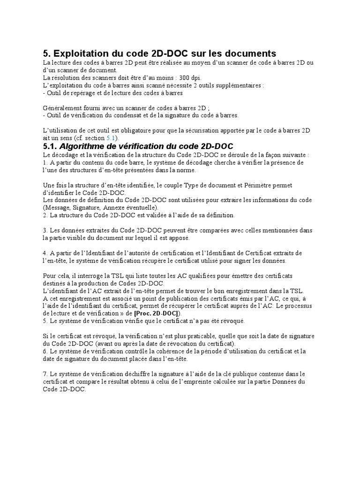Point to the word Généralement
pyautogui.click(x=63, y=108)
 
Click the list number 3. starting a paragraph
pyautogui.click(x=45, y=231)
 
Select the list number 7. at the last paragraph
pyautogui.click(x=45, y=374)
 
